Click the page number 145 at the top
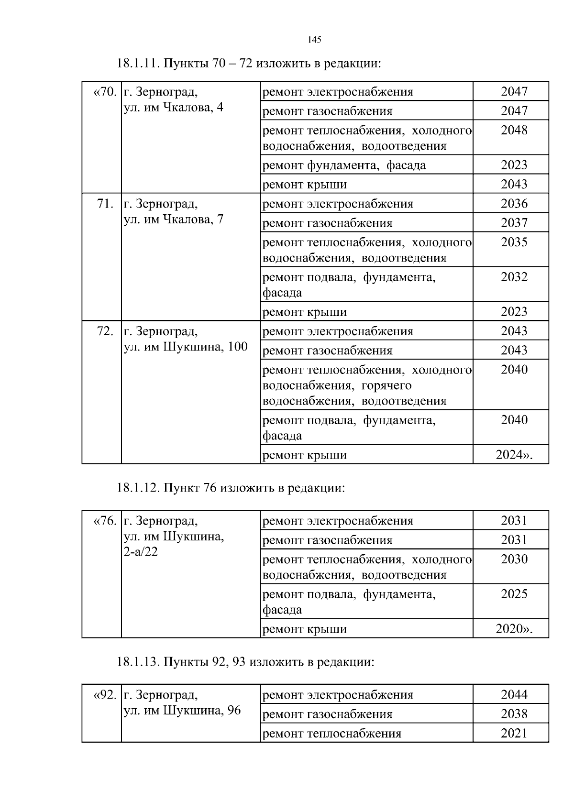click(x=314, y=40)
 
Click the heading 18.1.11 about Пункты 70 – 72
click(x=249, y=64)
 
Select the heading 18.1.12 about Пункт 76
click(x=231, y=488)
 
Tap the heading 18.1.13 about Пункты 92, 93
click(x=245, y=662)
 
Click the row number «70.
click(x=104, y=91)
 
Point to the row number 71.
click(x=105, y=204)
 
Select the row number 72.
click(x=105, y=331)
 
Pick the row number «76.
click(x=104, y=520)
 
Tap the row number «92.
click(x=104, y=694)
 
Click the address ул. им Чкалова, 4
click(x=173, y=107)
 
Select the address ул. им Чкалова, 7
click(x=173, y=219)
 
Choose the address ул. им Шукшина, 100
click(x=186, y=347)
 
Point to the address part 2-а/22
click(x=141, y=552)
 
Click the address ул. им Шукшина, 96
click(x=182, y=710)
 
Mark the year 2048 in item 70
click(x=514, y=130)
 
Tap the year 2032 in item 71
click(x=514, y=277)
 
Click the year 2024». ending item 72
click(x=514, y=455)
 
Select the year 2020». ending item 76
click(x=514, y=629)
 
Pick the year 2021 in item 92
click(x=514, y=733)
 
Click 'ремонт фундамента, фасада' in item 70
click(x=344, y=165)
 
